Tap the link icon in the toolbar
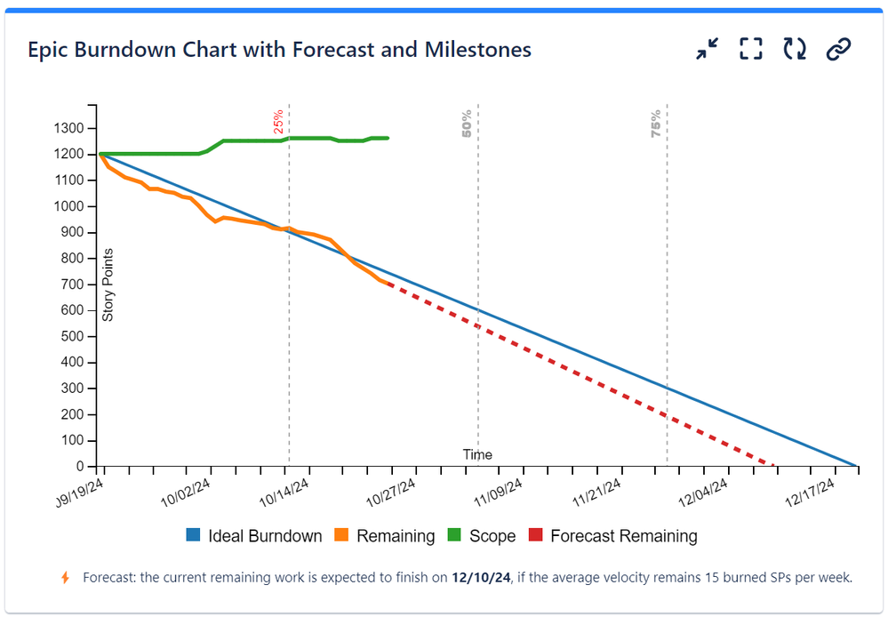point(838,50)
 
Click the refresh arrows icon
point(795,50)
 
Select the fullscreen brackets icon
point(751,50)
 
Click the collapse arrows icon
point(708,50)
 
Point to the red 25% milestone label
point(278,122)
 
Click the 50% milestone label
point(467,123)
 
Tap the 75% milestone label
point(656,123)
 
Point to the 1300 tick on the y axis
point(68,128)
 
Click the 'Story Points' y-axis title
point(108,284)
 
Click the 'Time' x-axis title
point(477,454)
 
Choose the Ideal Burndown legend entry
point(254,536)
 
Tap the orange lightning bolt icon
point(65,578)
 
